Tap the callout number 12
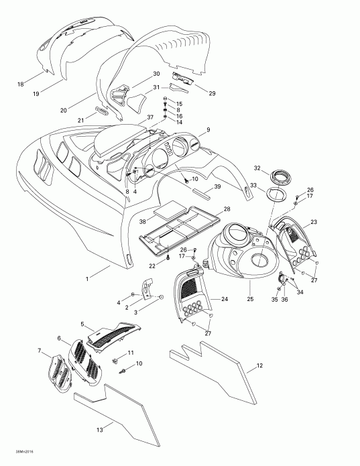(x=260, y=366)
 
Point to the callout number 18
(x=20, y=84)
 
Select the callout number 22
(x=153, y=265)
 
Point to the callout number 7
(x=40, y=351)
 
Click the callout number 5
(x=82, y=324)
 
